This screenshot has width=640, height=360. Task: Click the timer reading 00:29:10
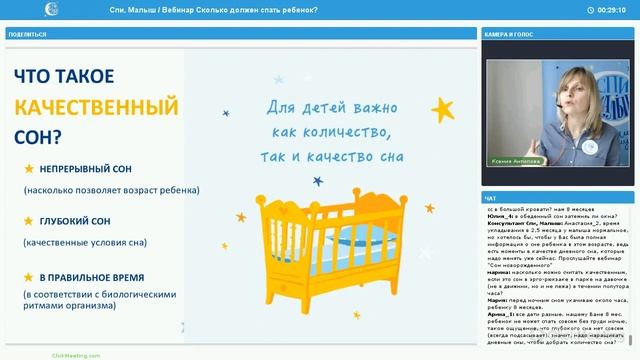[x=611, y=9]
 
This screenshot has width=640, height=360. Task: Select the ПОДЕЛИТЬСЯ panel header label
[x=26, y=34]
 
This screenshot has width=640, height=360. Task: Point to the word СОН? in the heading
[x=41, y=135]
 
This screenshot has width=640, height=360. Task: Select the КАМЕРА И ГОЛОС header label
[x=511, y=34]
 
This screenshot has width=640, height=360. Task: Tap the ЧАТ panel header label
[x=490, y=197]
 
